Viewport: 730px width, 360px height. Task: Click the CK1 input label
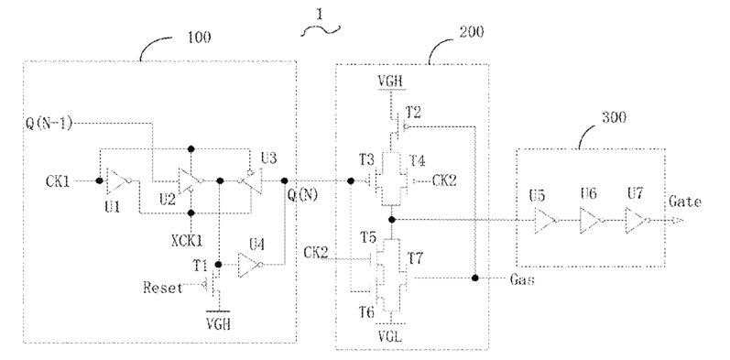pos(58,180)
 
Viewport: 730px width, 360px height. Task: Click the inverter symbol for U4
pos(250,265)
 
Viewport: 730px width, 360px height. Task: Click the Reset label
pos(163,288)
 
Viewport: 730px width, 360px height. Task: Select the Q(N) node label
pos(302,195)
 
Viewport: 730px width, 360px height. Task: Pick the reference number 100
pos(199,38)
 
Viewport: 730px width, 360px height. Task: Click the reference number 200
pos(471,32)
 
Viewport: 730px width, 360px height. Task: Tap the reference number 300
pos(614,117)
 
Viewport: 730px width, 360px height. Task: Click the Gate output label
pos(685,202)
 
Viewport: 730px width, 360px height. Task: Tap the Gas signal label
pos(522,279)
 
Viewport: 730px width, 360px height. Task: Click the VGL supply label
pos(390,335)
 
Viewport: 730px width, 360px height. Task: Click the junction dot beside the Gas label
pos(474,278)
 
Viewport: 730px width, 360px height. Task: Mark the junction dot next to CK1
pos(99,180)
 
